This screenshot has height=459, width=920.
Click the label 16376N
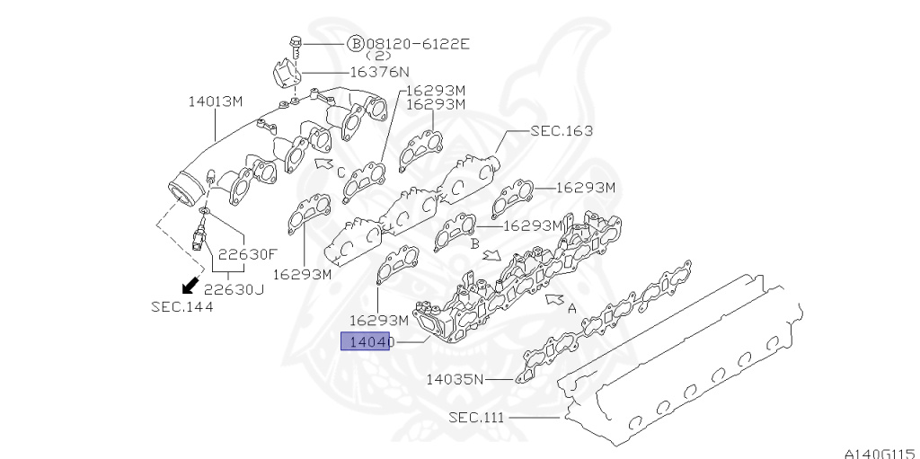pyautogui.click(x=378, y=71)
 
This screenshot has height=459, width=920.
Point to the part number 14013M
pyautogui.click(x=216, y=101)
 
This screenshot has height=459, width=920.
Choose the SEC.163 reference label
pyautogui.click(x=561, y=130)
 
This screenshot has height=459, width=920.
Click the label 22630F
pyautogui.click(x=246, y=254)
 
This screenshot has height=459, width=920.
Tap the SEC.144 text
pyautogui.click(x=182, y=306)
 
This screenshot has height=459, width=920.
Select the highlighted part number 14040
pyautogui.click(x=365, y=341)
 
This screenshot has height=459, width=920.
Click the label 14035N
pyautogui.click(x=455, y=379)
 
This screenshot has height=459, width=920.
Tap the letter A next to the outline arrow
pyautogui.click(x=571, y=306)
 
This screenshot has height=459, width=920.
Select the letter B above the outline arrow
pyautogui.click(x=473, y=243)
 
